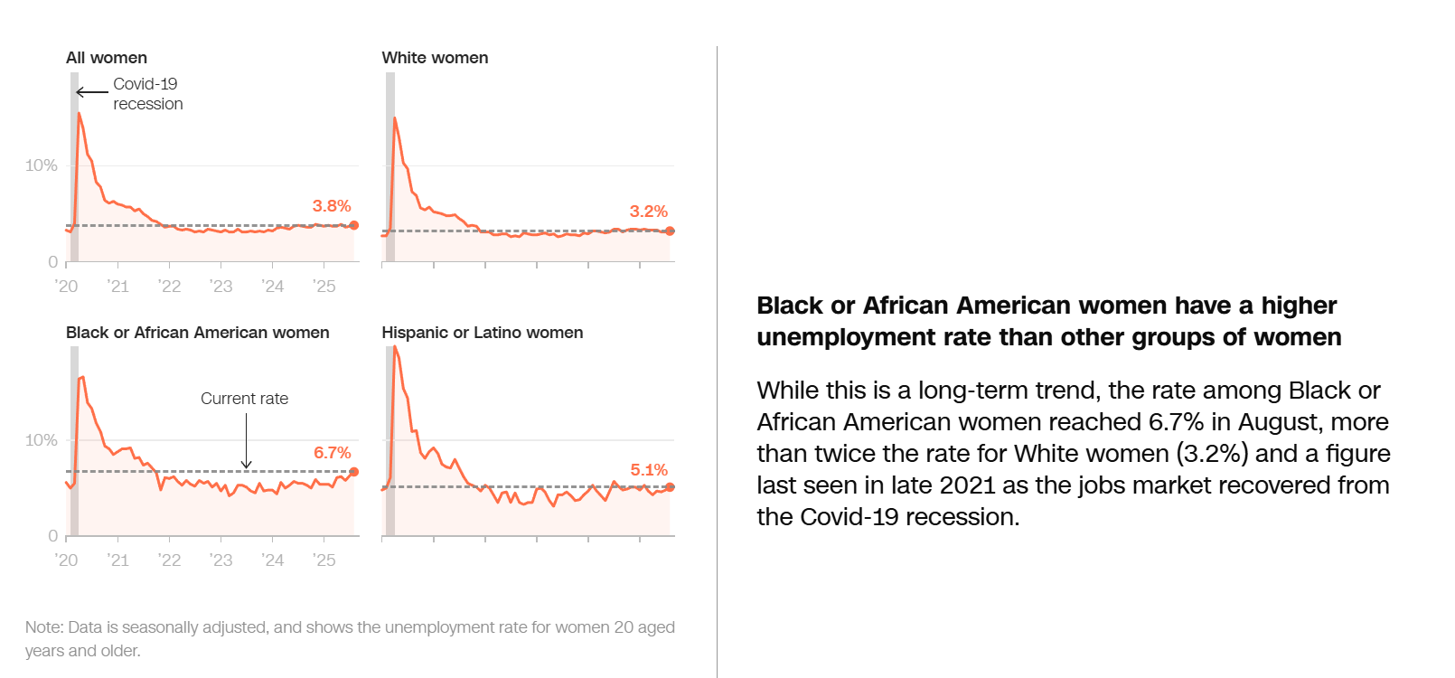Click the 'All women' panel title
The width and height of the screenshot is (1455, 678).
tap(106, 58)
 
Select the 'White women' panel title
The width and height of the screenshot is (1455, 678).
tap(435, 58)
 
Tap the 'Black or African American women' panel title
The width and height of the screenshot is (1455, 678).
tap(197, 333)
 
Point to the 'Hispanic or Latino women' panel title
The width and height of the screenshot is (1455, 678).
tap(482, 333)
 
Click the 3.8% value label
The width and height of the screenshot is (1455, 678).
tap(332, 206)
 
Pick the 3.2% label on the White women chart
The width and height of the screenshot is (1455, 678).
tap(648, 212)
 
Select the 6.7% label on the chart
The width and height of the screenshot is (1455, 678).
tap(332, 453)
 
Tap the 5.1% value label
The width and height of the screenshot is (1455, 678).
tap(648, 470)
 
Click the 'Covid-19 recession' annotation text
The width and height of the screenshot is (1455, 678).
tap(147, 94)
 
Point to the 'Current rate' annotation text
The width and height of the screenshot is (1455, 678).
tap(244, 399)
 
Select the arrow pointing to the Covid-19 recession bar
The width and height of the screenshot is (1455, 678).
tap(91, 92)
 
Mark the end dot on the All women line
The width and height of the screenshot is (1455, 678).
tap(353, 225)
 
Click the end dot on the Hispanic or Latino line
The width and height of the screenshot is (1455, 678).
tap(670, 487)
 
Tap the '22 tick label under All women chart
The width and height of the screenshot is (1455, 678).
tap(169, 287)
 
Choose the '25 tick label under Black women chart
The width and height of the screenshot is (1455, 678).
tap(324, 560)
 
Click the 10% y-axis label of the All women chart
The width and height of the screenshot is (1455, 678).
tap(41, 165)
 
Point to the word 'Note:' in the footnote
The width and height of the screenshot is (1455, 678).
tap(44, 627)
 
